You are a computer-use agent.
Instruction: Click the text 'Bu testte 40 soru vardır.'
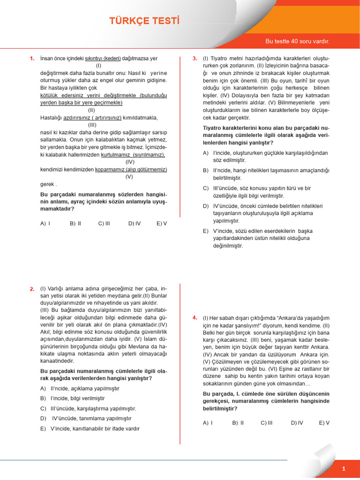tap(297, 41)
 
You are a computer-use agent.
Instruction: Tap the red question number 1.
tap(32, 59)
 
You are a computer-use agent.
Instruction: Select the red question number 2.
tap(32, 289)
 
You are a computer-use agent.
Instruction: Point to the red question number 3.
tap(195, 59)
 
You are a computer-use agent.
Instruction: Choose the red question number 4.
tap(195, 318)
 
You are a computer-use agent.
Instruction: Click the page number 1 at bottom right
tap(344, 469)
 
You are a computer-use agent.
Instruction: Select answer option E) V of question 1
tap(162, 224)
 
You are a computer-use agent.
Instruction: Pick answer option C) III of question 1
tap(104, 224)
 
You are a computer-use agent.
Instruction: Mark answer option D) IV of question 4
tap(297, 423)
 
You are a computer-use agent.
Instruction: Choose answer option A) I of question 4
tap(208, 423)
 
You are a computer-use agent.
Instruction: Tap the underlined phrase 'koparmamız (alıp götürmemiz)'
tap(131, 170)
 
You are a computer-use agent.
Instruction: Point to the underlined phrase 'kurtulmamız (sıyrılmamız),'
tap(133, 155)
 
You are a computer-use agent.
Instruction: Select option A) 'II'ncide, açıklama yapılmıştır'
tap(80, 389)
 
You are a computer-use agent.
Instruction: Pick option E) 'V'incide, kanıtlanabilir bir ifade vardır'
tap(90, 428)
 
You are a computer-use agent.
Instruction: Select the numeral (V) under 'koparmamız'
tap(129, 177)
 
